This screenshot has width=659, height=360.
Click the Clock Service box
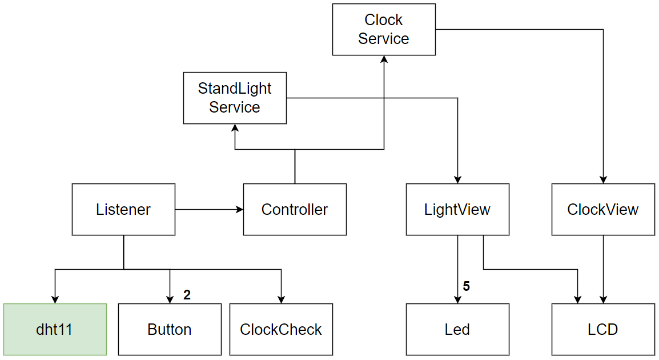[x=384, y=30]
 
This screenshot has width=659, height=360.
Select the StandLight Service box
[x=235, y=98]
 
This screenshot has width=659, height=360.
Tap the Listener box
[x=123, y=209]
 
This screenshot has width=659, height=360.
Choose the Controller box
[x=295, y=209]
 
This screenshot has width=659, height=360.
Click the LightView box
[x=457, y=209]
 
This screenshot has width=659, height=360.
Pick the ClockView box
[x=603, y=209]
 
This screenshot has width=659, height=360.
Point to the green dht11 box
[x=55, y=329]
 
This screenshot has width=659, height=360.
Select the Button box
[x=170, y=329]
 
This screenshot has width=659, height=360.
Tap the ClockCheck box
[x=281, y=329]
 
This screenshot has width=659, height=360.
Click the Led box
[x=457, y=329]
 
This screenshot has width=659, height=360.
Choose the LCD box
[x=603, y=329]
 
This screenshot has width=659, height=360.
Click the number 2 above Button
[x=187, y=295]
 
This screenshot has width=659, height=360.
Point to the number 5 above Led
[x=467, y=286]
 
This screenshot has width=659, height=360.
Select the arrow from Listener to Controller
[x=209, y=210]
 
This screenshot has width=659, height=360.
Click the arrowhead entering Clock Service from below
[x=384, y=60]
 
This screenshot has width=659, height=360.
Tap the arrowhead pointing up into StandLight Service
[x=235, y=129]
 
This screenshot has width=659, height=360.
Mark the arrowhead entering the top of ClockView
[x=604, y=179]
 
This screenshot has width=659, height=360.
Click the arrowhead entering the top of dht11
[x=55, y=299]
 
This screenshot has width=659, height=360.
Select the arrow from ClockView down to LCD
[x=604, y=269]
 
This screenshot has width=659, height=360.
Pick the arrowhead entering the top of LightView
[x=457, y=179]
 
